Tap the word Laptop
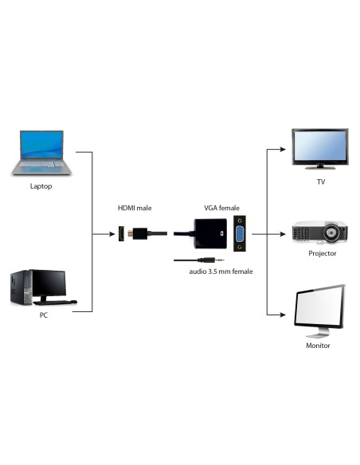[41, 186]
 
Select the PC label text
[44, 315]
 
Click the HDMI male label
[135, 208]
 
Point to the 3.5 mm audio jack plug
[216, 259]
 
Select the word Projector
[322, 253]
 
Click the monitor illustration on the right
[320, 312]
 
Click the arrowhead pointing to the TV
[282, 148]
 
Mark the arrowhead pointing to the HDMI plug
[112, 235]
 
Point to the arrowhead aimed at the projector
[282, 235]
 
